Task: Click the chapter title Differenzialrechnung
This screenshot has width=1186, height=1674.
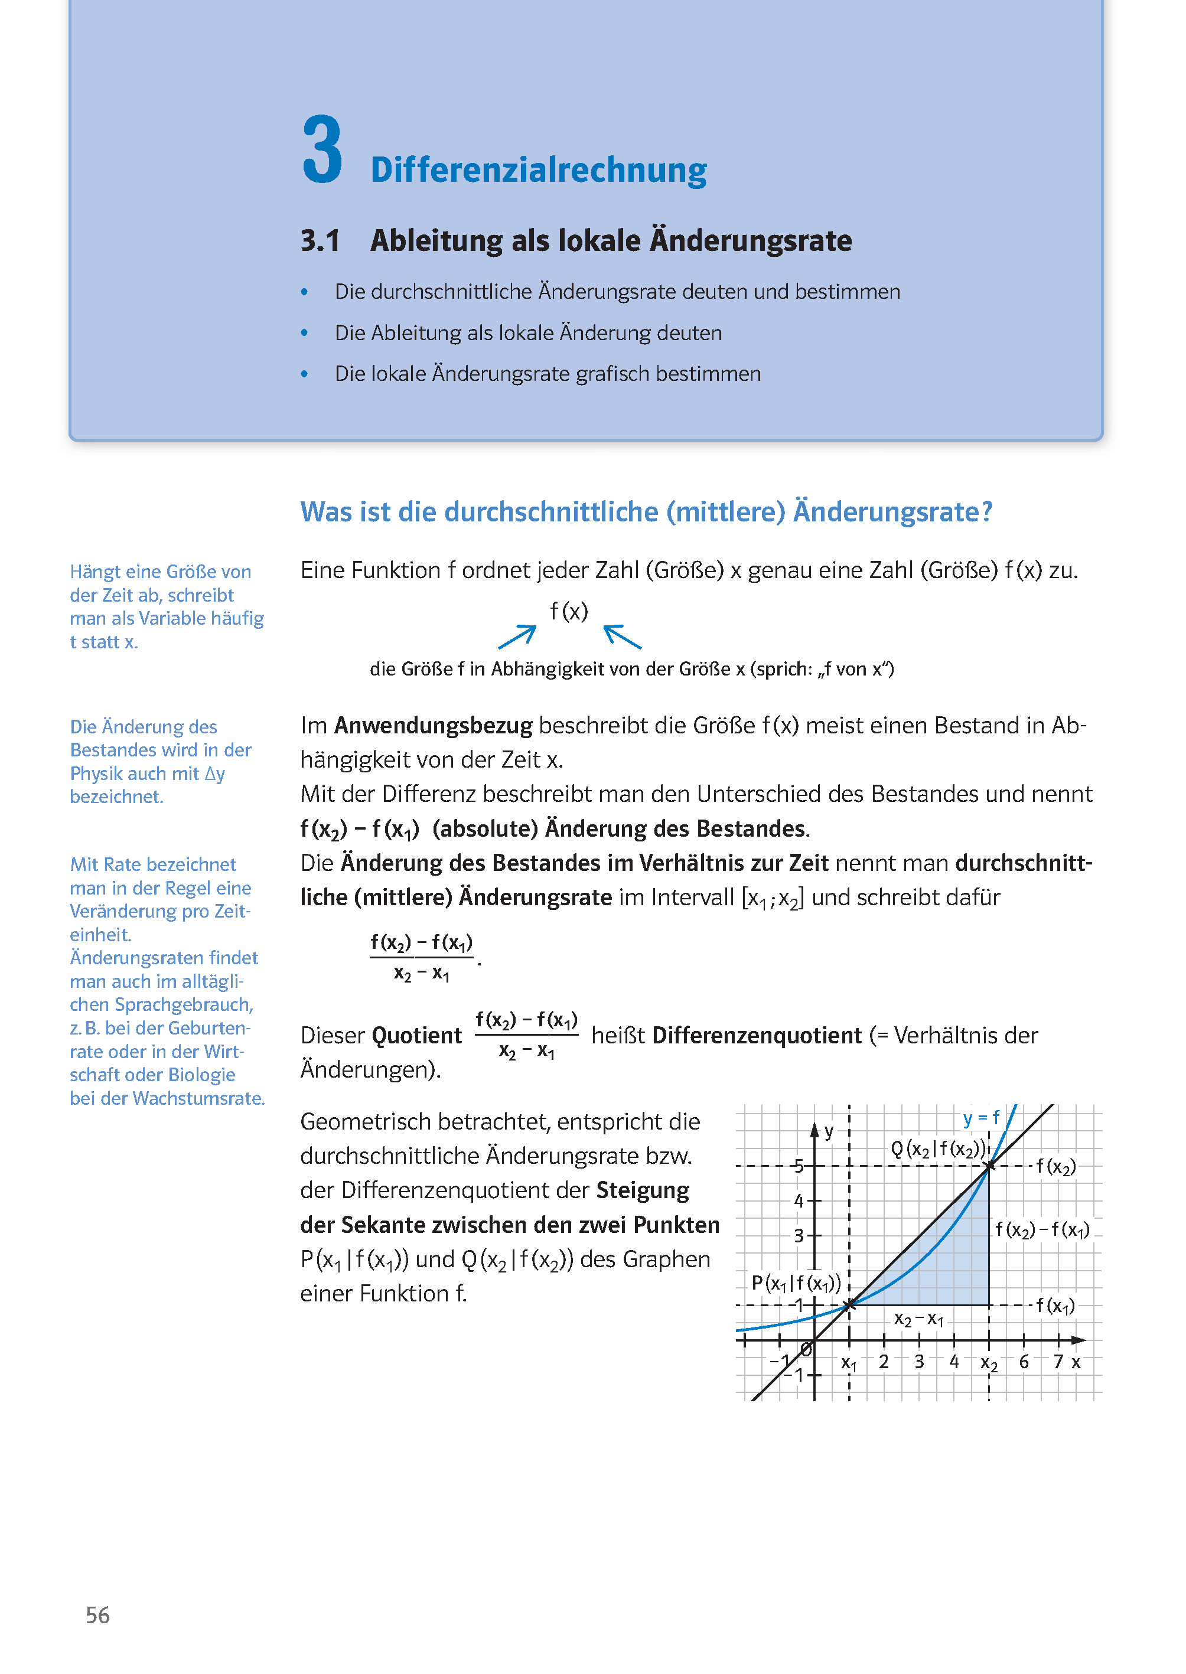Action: [x=538, y=170]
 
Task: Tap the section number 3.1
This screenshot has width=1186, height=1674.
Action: [x=320, y=241]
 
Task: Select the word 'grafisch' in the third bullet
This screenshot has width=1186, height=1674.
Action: [x=612, y=374]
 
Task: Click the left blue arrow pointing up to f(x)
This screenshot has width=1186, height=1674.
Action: [x=517, y=637]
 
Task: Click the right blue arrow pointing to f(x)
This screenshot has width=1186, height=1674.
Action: [x=622, y=637]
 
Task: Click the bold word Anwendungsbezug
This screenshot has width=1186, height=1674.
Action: [x=433, y=726]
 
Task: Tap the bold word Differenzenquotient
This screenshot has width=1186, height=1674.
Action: [x=757, y=1035]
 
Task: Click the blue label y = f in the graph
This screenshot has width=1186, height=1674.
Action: [x=981, y=1118]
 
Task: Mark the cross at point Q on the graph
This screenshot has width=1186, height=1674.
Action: [x=989, y=1167]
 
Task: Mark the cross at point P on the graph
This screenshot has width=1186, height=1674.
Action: [x=849, y=1306]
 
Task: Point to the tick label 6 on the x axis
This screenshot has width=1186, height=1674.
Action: [x=1024, y=1362]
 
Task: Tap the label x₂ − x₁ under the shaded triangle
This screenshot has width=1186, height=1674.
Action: [x=918, y=1319]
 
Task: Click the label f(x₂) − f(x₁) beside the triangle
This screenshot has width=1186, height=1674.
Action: [x=1042, y=1230]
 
